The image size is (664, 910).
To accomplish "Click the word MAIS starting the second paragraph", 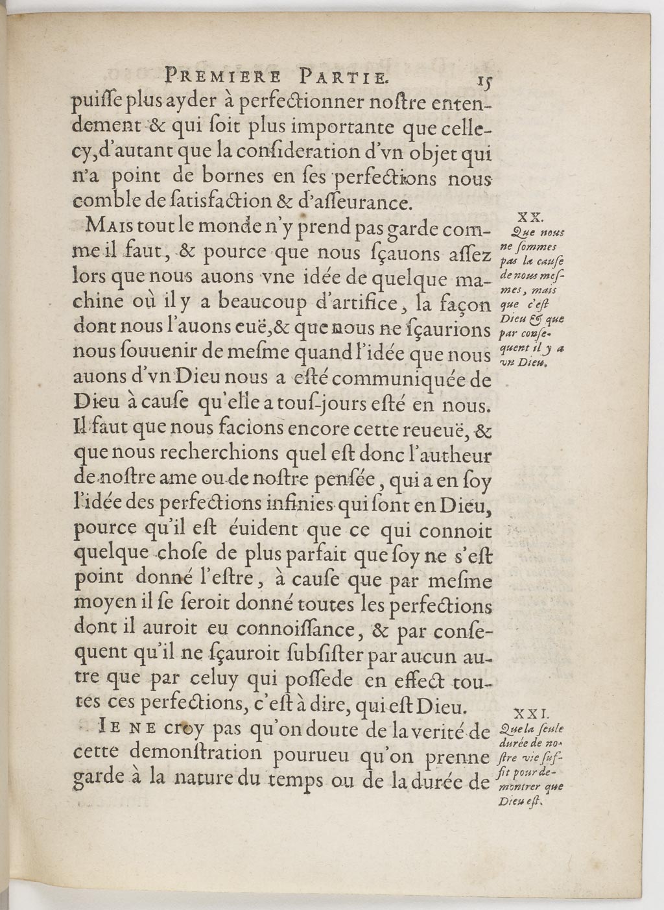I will pyautogui.click(x=108, y=227).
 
